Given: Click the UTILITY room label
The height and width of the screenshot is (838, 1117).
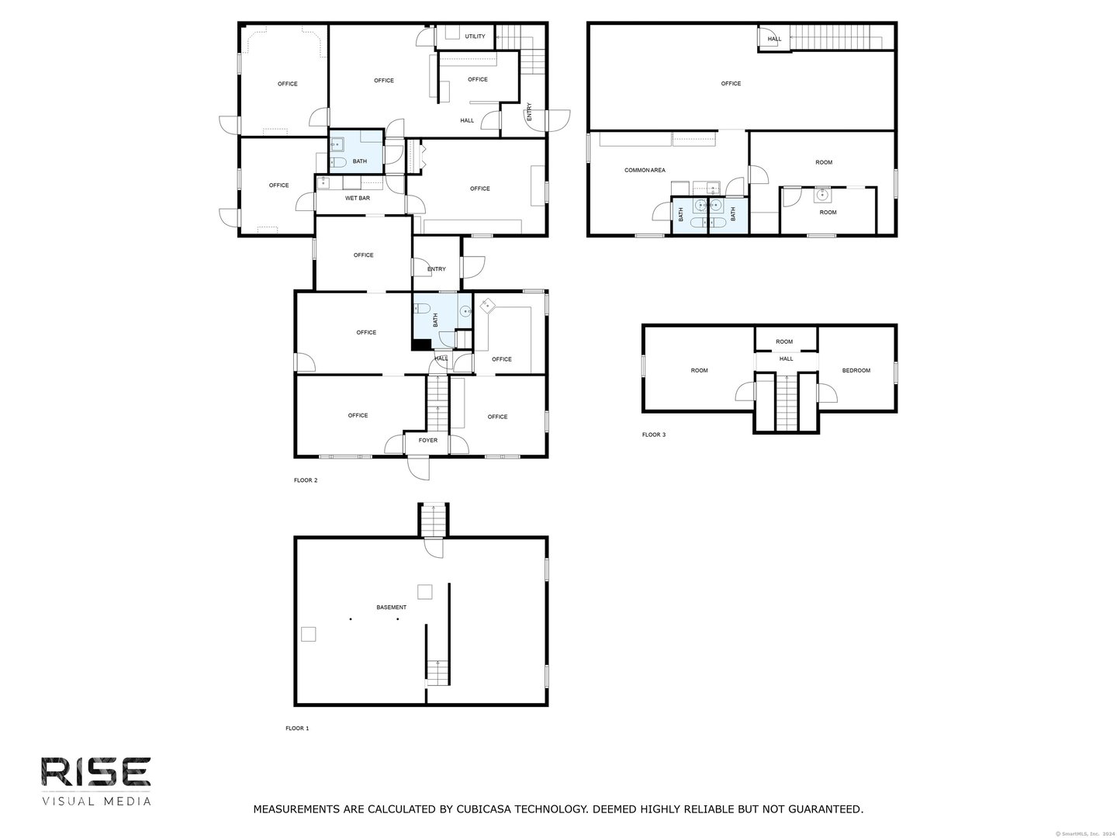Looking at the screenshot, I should pos(475,36).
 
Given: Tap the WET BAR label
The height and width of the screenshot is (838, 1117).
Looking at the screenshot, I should pos(358,198).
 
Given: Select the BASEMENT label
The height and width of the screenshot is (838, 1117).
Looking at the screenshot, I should pos(391,608).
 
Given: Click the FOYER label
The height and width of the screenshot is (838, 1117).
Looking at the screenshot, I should pos(428,441).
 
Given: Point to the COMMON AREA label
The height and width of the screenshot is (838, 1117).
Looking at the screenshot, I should pos(645,170).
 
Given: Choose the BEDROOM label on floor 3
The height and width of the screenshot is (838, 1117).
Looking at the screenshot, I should pos(856,370).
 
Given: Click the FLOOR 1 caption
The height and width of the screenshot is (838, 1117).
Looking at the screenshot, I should pos(297,729).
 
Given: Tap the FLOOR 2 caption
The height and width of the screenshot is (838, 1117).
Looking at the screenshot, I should pos(306,480).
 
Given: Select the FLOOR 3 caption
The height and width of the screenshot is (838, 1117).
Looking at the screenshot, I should pos(654,435).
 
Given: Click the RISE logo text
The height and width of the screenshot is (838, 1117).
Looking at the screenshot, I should pos(95,772).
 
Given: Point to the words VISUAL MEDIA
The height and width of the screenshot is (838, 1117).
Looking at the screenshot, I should pos(96,801).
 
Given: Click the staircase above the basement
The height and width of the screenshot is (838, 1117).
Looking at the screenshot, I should pos(434,519).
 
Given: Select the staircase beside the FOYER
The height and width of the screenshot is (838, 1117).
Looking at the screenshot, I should pos(438,402).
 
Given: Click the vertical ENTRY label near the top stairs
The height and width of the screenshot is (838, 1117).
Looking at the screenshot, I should pos(530,113).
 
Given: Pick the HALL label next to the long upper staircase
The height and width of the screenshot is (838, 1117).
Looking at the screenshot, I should pos(774,39).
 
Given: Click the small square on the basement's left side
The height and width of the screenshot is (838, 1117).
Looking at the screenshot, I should pos(309,635).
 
